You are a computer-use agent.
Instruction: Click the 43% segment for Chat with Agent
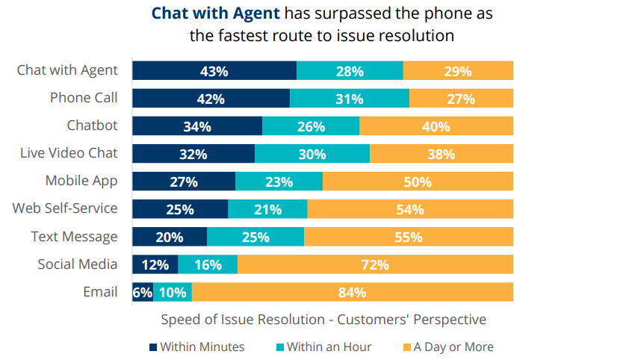tap(214, 71)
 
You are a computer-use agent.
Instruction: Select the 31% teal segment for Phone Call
tap(349, 99)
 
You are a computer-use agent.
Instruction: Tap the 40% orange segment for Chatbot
tap(436, 126)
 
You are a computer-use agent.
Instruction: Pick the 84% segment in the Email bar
tap(352, 292)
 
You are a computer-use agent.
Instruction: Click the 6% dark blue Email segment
tap(143, 292)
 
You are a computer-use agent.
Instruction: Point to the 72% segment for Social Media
tap(375, 264)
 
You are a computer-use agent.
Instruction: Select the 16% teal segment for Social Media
tap(208, 264)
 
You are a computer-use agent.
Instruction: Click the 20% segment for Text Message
tap(170, 237)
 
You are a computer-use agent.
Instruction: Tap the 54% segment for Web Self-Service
tap(410, 209)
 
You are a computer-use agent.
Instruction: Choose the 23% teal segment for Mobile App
tap(279, 181)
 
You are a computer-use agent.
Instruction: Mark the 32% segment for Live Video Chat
tap(193, 154)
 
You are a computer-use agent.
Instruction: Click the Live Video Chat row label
tap(69, 153)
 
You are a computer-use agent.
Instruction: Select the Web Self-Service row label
tap(65, 208)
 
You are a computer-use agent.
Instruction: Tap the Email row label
tap(100, 291)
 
